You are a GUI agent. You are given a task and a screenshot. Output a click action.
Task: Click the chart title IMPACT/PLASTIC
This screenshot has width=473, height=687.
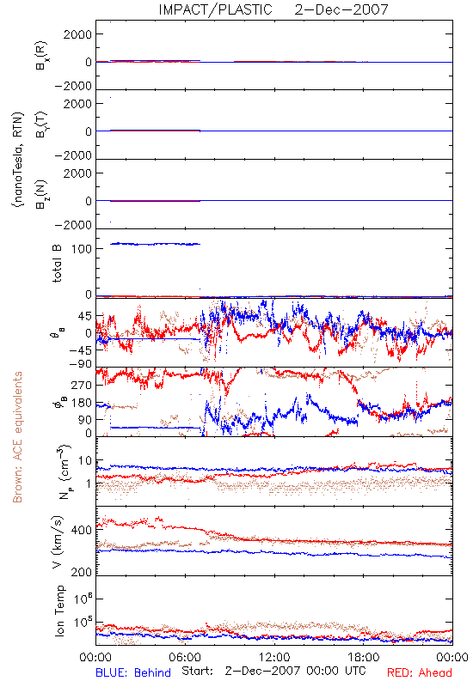216,9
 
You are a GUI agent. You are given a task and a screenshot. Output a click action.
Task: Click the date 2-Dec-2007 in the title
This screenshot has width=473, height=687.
341,9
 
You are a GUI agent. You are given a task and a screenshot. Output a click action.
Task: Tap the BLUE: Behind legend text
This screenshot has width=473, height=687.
133,672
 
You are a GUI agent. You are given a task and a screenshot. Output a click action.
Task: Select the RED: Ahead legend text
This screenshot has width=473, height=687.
420,672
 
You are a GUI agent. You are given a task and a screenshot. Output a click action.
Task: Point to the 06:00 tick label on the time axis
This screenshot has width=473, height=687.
185,657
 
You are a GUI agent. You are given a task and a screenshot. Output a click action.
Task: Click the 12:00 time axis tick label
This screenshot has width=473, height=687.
274,657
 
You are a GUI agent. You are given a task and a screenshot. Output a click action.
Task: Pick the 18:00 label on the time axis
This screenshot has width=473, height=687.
364,657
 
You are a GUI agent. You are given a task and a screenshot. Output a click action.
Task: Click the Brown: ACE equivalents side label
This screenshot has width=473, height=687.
17,437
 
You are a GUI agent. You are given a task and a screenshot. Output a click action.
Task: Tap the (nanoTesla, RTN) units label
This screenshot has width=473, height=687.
17,159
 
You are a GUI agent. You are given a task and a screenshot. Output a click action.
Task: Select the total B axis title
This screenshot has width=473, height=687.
57,264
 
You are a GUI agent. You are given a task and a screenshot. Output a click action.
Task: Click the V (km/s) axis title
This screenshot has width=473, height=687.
58,542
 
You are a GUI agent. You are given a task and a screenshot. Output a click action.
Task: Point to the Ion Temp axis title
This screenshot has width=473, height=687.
58,611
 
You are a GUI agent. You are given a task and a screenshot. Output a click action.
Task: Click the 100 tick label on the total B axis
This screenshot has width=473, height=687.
82,249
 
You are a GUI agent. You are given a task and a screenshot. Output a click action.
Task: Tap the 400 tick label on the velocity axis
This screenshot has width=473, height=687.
82,530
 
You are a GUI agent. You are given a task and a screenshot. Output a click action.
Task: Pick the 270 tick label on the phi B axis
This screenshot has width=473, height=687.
82,386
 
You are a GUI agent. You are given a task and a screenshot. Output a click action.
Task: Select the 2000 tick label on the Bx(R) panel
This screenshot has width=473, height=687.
77,34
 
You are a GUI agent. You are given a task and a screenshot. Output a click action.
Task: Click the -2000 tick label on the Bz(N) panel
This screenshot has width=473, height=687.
74,225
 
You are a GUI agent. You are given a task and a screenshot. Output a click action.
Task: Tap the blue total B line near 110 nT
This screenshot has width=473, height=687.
155,244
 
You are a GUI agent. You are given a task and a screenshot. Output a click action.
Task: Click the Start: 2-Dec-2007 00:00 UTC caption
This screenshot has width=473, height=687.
273,672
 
